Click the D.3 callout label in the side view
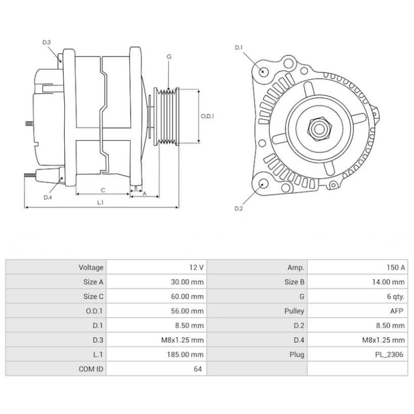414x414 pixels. point(46,42)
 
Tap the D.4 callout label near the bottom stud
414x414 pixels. point(48,198)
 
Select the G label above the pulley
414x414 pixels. point(169,56)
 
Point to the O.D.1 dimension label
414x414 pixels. point(207,116)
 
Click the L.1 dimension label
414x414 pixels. point(101,202)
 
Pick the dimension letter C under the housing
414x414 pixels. point(103,189)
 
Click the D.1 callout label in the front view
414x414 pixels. point(239,48)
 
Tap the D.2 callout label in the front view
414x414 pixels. point(239,209)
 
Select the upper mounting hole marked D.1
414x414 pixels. point(263,71)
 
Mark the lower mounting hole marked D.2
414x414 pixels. point(263,184)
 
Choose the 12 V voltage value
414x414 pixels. point(196,268)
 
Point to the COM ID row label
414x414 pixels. point(91,369)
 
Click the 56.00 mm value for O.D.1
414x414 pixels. point(188,312)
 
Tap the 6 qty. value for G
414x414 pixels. point(396,297)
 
